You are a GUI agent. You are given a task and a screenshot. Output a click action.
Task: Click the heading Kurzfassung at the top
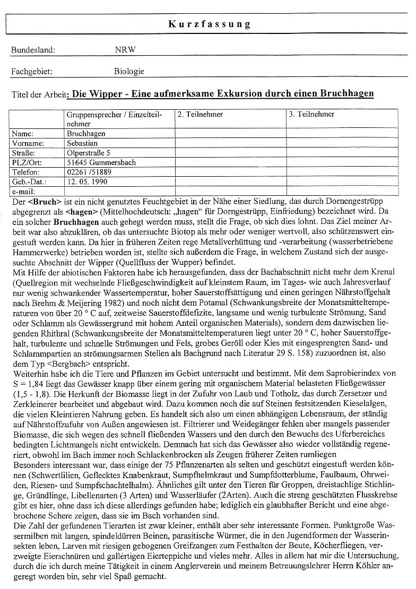210,24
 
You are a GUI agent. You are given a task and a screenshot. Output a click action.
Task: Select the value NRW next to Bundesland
125,50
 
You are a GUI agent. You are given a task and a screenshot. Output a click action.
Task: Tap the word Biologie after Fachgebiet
129,71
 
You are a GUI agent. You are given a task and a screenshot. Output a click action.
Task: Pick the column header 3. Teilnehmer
311,115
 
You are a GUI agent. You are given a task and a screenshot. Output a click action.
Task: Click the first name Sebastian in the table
83,143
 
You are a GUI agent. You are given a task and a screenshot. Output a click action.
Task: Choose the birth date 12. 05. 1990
88,181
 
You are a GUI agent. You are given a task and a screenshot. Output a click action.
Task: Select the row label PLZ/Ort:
28,162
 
